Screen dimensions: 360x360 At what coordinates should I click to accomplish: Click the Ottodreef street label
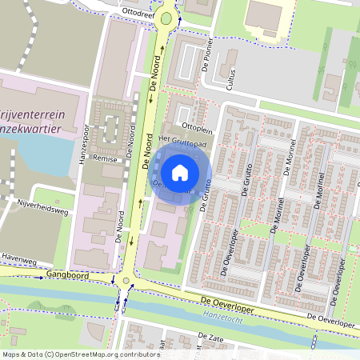pos(138,12)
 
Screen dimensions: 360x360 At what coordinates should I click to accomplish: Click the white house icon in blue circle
pos(180,172)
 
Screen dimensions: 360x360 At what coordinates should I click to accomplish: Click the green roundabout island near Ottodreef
pos(166,18)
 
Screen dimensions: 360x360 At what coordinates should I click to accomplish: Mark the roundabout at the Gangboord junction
pos(125,281)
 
